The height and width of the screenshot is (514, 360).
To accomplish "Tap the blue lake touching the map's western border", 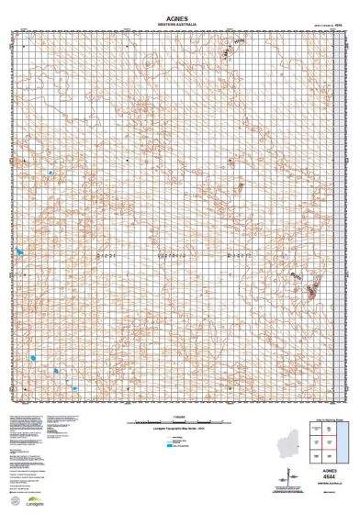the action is coord(19,251).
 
